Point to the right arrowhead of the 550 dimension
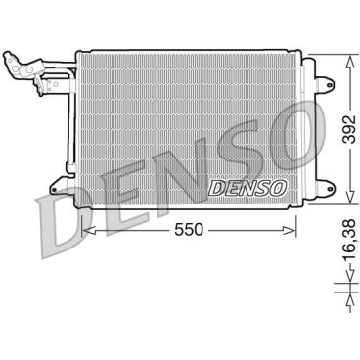point(294,231)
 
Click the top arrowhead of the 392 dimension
point(349,60)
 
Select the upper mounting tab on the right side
point(310,68)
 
